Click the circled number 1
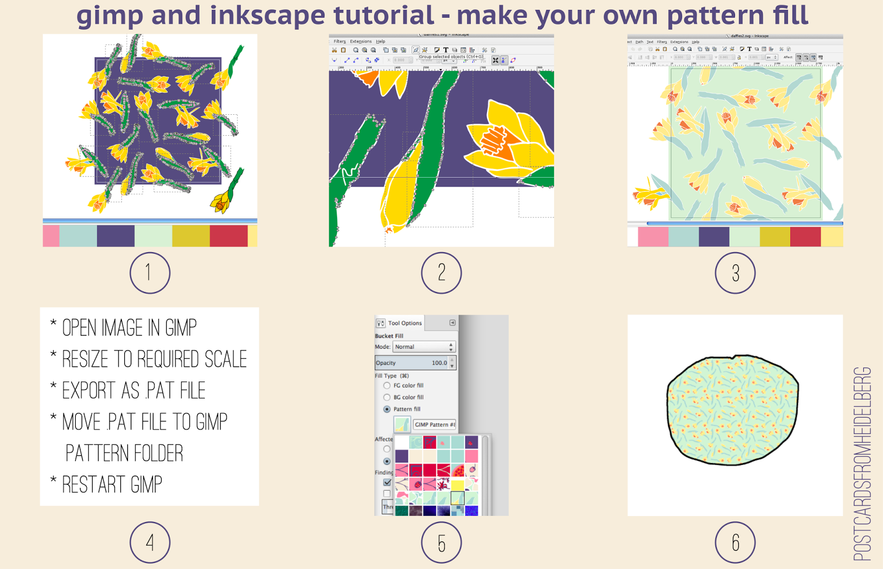click(150, 273)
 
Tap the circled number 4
click(150, 543)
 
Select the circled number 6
click(735, 543)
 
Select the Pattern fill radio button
click(387, 409)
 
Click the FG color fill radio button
click(387, 385)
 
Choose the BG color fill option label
click(408, 397)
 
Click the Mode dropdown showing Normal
click(423, 347)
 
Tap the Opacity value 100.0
click(439, 363)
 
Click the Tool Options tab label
click(405, 323)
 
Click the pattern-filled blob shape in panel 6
click(733, 410)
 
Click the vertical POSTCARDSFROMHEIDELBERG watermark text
click(863, 464)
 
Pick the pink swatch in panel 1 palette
click(51, 236)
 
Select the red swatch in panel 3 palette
click(805, 236)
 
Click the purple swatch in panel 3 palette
click(714, 236)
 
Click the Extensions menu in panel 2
click(360, 41)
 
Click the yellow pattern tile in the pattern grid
click(458, 485)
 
